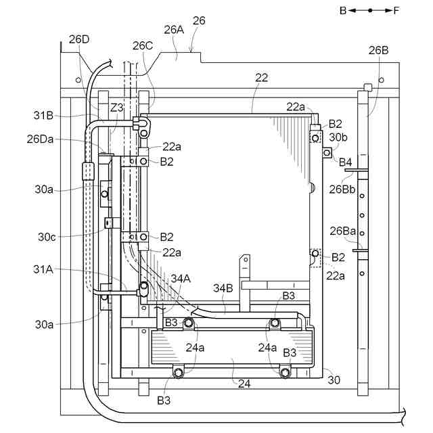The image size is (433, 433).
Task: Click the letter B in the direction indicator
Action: (x=344, y=10)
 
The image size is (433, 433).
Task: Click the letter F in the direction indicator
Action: (x=396, y=10)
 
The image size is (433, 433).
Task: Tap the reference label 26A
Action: (x=174, y=29)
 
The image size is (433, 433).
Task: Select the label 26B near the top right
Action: (x=378, y=50)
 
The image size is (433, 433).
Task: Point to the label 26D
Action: (x=79, y=39)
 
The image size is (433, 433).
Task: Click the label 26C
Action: (x=143, y=46)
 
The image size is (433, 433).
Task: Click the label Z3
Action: (x=116, y=108)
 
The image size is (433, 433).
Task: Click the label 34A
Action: (x=181, y=278)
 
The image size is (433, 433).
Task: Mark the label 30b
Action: (x=338, y=137)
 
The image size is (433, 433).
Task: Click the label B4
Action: (x=345, y=162)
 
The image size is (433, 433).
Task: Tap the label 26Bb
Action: (x=342, y=189)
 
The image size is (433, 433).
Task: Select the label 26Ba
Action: (x=343, y=231)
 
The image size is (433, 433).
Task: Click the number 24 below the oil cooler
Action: (x=244, y=383)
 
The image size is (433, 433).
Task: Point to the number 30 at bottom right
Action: (x=334, y=380)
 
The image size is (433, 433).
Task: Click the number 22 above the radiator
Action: (x=261, y=78)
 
